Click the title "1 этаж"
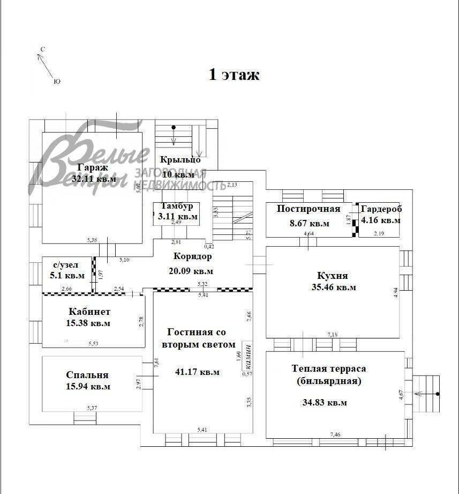point(234,75)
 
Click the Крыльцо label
point(180,159)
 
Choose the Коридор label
point(192,256)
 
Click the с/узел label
point(65,264)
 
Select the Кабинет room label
point(89,312)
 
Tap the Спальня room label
point(87,375)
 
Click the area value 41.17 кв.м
point(197,372)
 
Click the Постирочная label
point(308,209)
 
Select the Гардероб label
point(381,209)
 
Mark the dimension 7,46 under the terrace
point(335,434)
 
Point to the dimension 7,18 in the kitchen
point(333,334)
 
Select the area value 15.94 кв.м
point(88,386)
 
